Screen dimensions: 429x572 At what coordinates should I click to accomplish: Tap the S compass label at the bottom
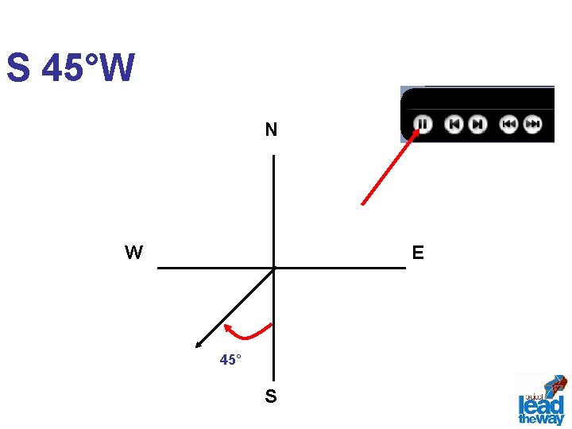pyautogui.click(x=271, y=396)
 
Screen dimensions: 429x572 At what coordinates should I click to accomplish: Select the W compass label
pyautogui.click(x=133, y=253)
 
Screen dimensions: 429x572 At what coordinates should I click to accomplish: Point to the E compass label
pyautogui.click(x=418, y=253)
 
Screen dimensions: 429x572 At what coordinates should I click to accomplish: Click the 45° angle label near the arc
pyautogui.click(x=230, y=360)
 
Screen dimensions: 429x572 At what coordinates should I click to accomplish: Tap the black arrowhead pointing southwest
pyautogui.click(x=199, y=343)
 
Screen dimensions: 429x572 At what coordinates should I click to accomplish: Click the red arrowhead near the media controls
pyautogui.click(x=415, y=134)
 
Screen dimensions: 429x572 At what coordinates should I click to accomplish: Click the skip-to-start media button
pyautogui.click(x=454, y=124)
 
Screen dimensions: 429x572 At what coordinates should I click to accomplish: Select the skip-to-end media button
pyautogui.click(x=477, y=124)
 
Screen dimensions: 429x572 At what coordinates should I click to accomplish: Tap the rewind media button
pyautogui.click(x=508, y=124)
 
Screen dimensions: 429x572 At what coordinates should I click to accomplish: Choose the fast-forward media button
pyautogui.click(x=532, y=124)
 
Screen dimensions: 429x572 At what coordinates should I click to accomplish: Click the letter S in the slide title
pyautogui.click(x=18, y=68)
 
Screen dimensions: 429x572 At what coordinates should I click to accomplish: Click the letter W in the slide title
pyautogui.click(x=118, y=68)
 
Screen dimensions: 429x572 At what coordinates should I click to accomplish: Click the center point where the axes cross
pyautogui.click(x=273, y=268)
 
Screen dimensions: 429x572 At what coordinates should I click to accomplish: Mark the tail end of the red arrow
pyautogui.click(x=363, y=203)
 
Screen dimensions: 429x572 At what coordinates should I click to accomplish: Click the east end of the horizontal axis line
pyautogui.click(x=404, y=268)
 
